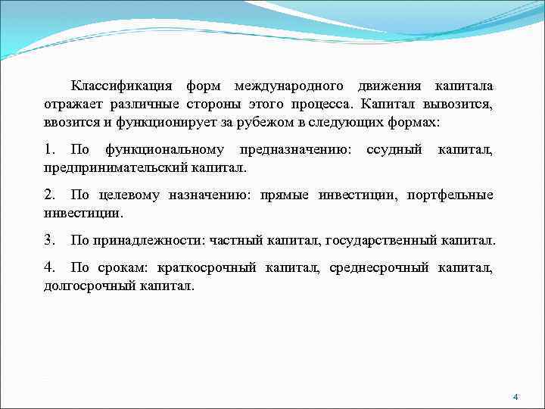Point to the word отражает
tap(74, 103)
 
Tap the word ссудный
tap(394, 150)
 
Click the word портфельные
tap(450, 195)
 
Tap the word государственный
tap(381, 241)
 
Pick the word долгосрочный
tap(89, 286)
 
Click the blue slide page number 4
tap(515, 397)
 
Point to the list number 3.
tap(50, 241)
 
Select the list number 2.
tap(50, 195)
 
